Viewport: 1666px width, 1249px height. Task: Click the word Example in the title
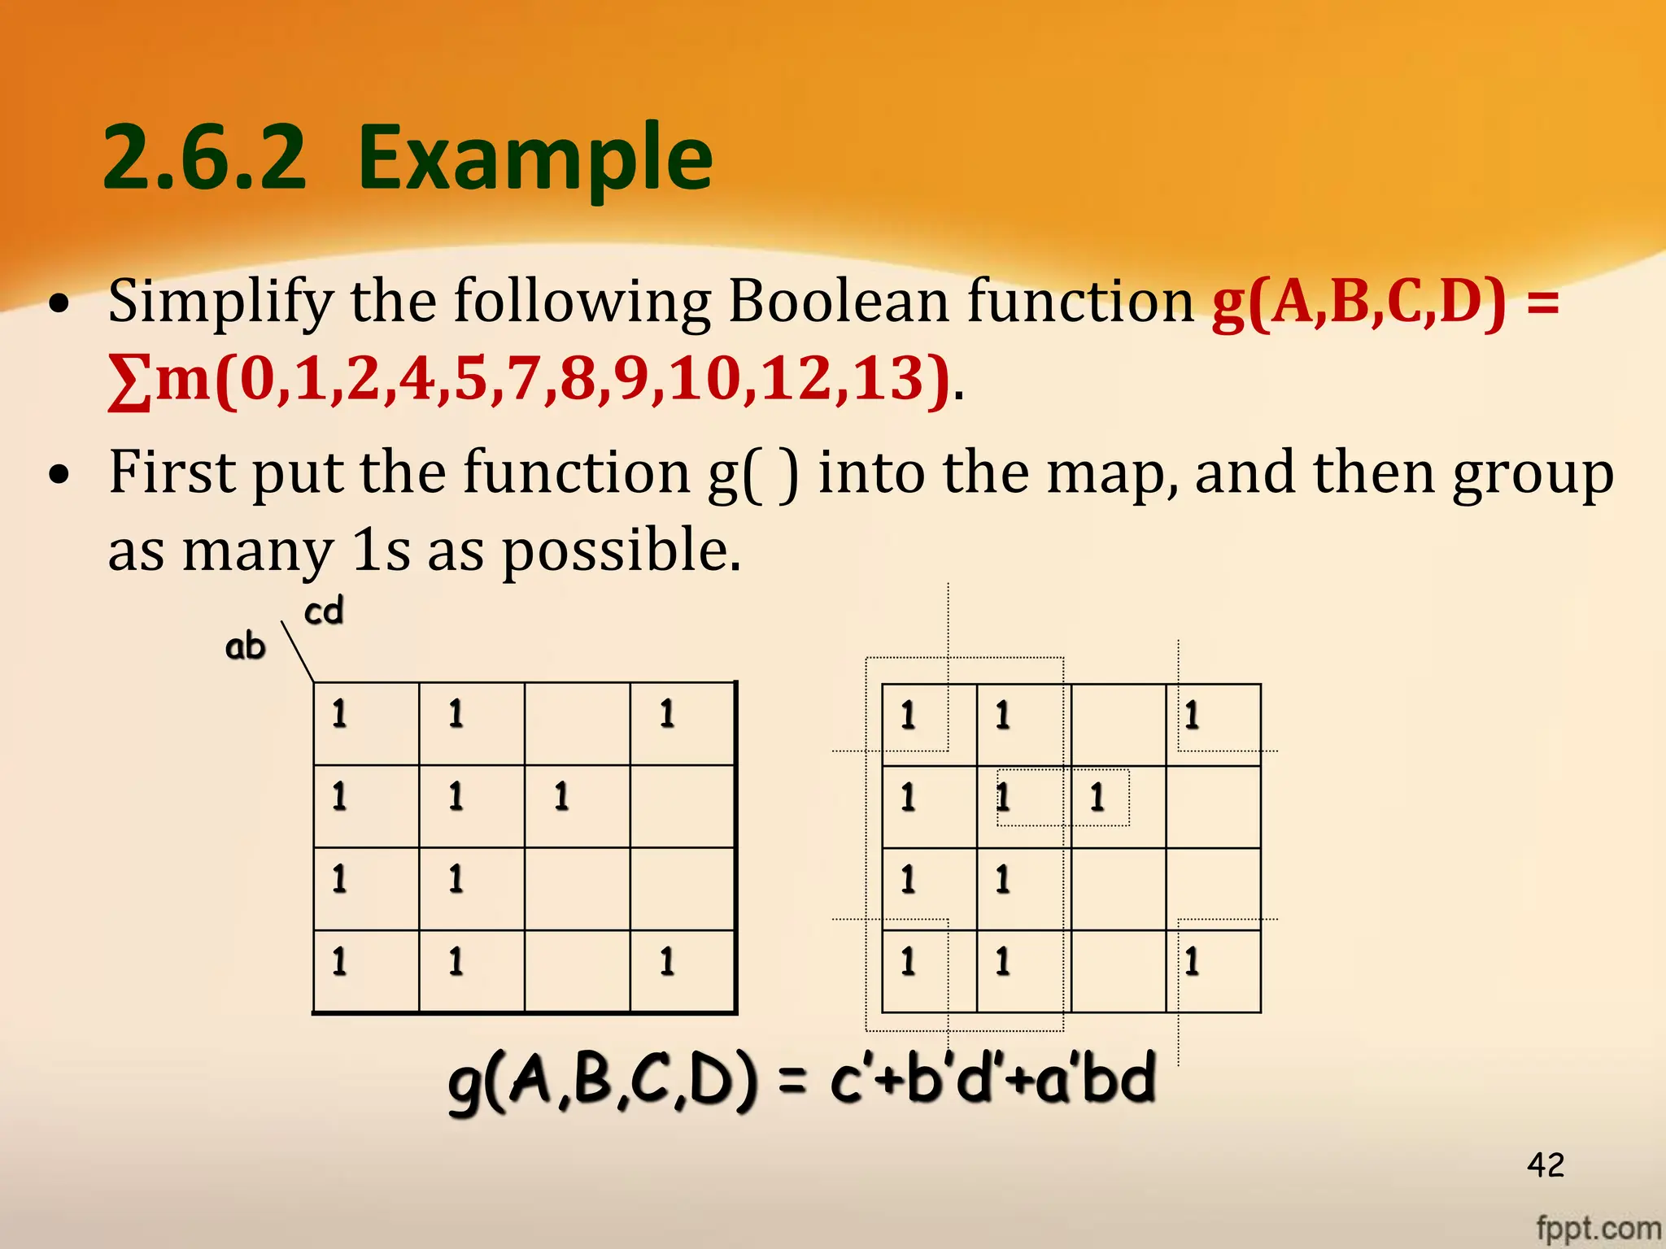click(534, 159)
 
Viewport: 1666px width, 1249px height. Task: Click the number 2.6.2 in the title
click(205, 159)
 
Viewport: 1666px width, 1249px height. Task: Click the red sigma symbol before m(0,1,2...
click(129, 382)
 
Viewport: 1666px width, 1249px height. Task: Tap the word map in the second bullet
click(1110, 474)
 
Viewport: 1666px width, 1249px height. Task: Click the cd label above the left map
click(324, 611)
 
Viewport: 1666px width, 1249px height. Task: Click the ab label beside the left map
click(245, 646)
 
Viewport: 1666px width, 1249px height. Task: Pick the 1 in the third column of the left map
click(561, 796)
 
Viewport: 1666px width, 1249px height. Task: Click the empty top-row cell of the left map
click(577, 723)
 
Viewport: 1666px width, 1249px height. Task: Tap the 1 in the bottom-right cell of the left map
click(667, 961)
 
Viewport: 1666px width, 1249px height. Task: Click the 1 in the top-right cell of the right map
click(1192, 716)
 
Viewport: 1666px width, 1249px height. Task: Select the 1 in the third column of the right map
click(1097, 797)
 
